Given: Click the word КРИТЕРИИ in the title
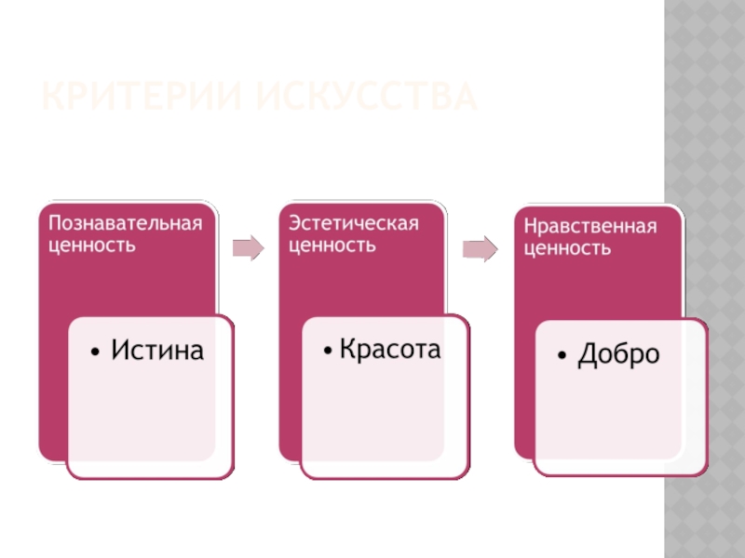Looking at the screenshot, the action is [x=140, y=96].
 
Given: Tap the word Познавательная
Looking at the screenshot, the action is [x=125, y=224].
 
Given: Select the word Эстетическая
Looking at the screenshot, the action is [x=353, y=224].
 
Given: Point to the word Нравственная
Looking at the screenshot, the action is [x=589, y=227].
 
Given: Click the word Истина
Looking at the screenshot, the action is [x=157, y=350].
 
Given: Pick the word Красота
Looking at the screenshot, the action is [x=389, y=350].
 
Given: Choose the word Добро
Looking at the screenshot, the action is [x=618, y=354].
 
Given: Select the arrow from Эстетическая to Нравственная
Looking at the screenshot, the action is [x=480, y=249].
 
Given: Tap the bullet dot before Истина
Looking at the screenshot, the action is [x=97, y=352].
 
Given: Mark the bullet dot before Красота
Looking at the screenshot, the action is [x=329, y=352].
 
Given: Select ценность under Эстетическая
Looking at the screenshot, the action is [x=332, y=246].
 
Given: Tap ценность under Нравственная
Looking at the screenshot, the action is [x=566, y=249].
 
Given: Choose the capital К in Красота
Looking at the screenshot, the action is [x=346, y=350].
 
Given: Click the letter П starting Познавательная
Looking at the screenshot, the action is [x=55, y=224].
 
